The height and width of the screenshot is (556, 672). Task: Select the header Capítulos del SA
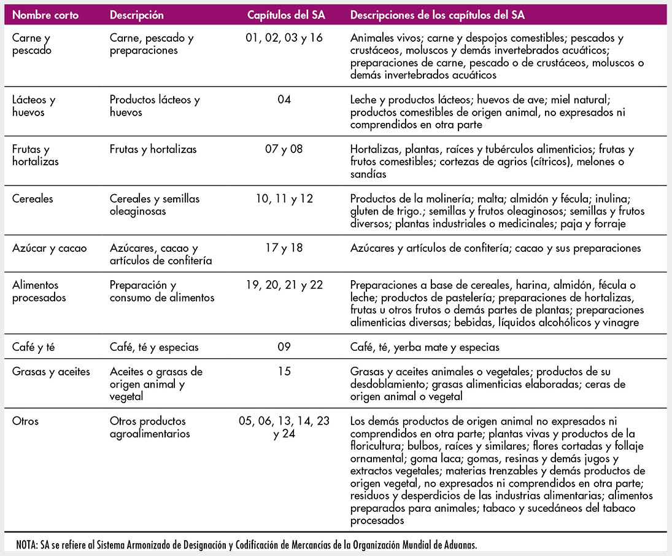(x=284, y=15)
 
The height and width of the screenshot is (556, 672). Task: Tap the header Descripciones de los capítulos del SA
(x=438, y=15)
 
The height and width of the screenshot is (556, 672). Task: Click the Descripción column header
(x=137, y=15)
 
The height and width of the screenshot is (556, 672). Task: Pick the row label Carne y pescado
(x=32, y=44)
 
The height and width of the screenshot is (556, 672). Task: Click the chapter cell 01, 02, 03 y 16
(x=284, y=38)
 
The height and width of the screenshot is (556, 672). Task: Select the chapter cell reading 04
(x=284, y=100)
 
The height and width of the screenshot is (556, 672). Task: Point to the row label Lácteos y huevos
(x=34, y=106)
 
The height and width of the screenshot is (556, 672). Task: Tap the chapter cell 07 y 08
(x=284, y=149)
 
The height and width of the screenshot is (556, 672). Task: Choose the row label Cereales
(x=33, y=198)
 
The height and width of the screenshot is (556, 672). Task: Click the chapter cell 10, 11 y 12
(x=284, y=198)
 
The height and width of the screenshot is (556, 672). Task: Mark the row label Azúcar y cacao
(x=50, y=248)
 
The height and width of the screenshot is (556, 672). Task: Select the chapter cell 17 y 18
(x=284, y=248)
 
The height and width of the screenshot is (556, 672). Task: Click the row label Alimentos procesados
(x=39, y=291)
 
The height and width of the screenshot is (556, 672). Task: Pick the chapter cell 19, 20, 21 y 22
(x=284, y=285)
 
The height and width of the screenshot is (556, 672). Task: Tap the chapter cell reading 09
(x=284, y=347)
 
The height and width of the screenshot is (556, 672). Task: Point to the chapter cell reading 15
(x=284, y=372)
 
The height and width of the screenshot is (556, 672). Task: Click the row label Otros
(x=25, y=421)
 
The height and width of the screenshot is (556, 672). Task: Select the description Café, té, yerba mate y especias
(x=425, y=347)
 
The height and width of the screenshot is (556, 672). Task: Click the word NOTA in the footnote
(x=28, y=544)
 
